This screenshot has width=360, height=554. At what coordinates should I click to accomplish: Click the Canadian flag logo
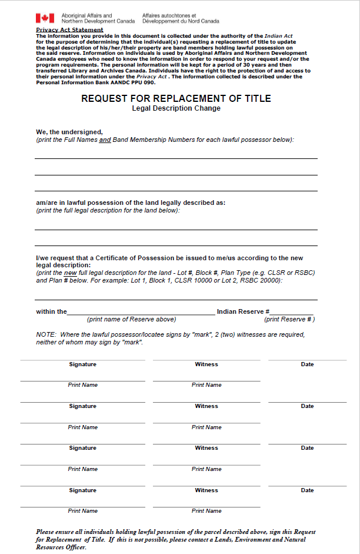point(45,18)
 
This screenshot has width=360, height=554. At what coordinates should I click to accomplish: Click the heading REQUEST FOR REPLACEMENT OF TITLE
point(176,98)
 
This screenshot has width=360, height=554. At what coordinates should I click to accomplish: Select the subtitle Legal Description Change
point(176,108)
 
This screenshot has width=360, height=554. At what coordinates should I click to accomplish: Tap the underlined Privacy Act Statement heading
point(69,29)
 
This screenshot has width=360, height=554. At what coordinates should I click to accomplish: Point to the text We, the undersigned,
point(69,132)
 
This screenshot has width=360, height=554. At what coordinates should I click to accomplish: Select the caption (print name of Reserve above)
point(131,319)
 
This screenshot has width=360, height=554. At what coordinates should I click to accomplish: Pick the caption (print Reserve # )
point(289,319)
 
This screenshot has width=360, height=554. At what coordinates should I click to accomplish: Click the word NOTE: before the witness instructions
point(46,334)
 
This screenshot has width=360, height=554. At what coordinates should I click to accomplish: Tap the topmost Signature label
point(82,364)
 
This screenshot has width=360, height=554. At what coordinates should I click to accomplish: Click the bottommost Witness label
point(206,490)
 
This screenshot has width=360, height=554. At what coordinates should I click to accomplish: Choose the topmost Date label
point(307,364)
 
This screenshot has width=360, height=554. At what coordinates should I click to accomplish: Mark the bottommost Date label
point(307,490)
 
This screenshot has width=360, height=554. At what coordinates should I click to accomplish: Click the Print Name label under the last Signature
point(82,511)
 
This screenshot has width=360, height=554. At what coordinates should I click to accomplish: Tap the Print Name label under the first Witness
point(206,385)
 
